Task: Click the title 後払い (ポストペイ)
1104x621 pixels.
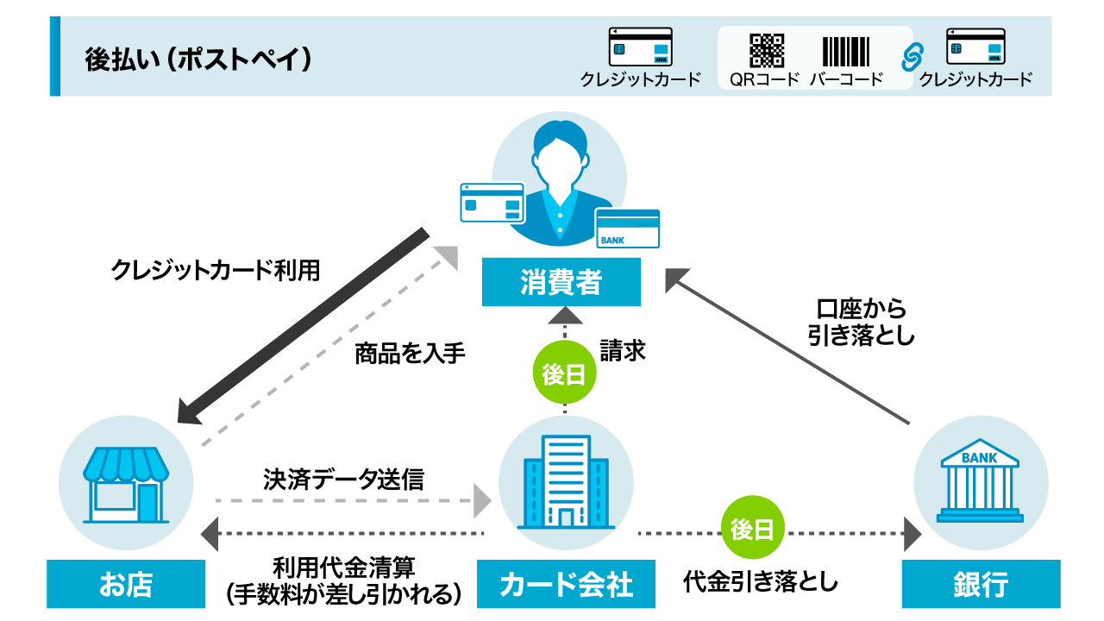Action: (x=198, y=59)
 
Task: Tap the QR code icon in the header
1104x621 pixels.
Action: (x=766, y=51)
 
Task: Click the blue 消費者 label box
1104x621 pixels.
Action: (x=561, y=282)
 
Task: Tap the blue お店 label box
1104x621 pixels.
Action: (x=126, y=584)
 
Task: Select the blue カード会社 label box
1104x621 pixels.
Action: (x=567, y=584)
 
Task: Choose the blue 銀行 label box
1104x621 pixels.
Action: (x=981, y=584)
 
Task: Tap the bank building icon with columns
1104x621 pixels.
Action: (x=980, y=484)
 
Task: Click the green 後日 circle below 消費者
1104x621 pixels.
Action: (x=564, y=374)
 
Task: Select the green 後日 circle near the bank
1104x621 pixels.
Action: (x=753, y=530)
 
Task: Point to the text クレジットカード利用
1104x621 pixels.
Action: (x=216, y=270)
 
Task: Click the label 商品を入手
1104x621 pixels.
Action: (x=410, y=354)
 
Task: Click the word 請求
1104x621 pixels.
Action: (x=623, y=352)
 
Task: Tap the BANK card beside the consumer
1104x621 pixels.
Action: (x=627, y=229)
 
